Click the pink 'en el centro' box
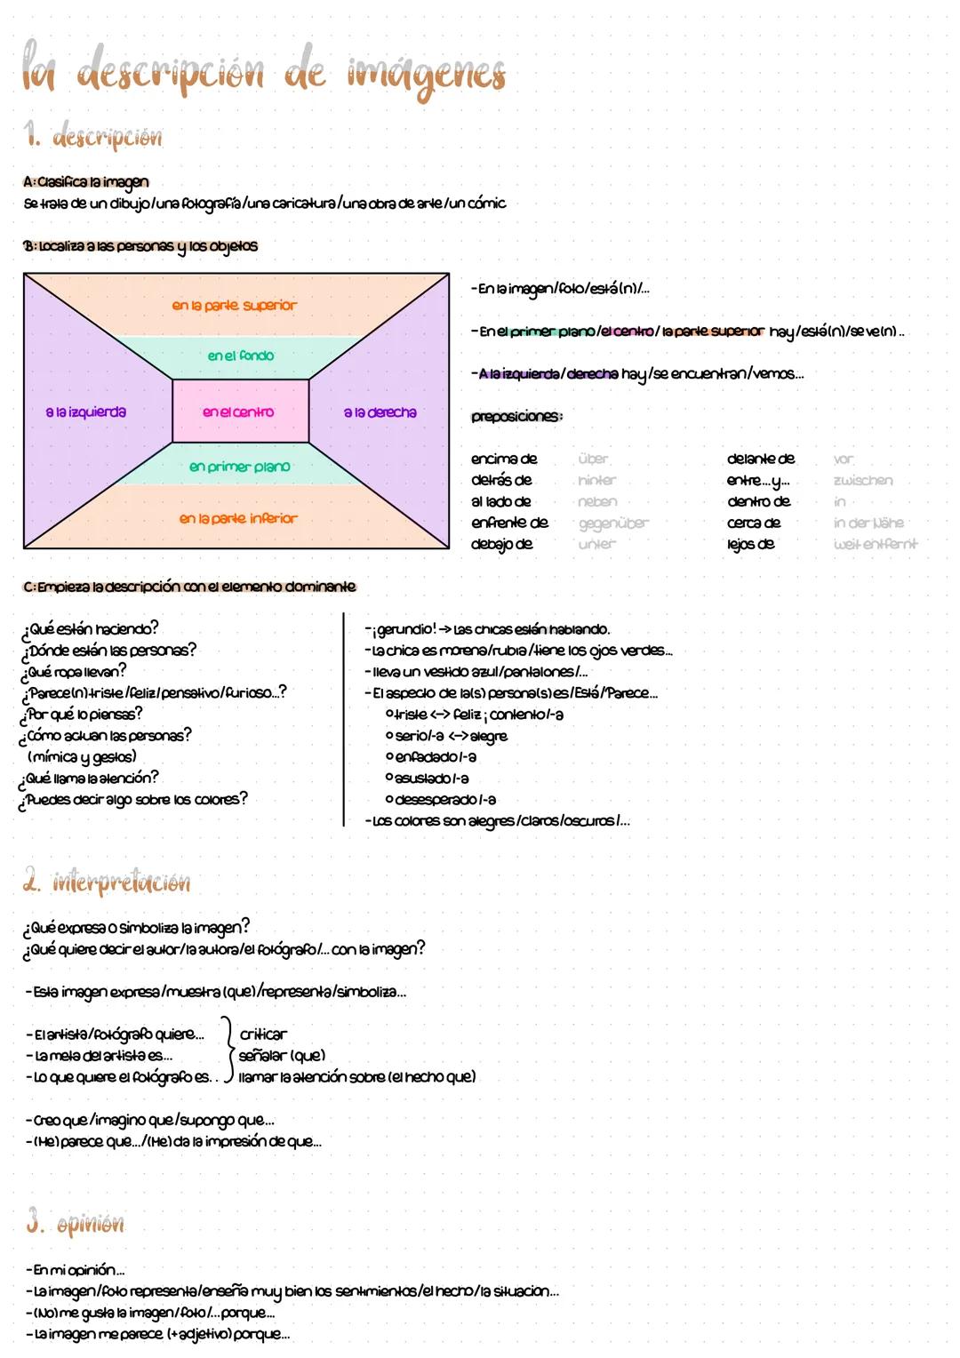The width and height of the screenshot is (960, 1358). (x=240, y=411)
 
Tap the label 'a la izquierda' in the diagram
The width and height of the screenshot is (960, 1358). (x=86, y=412)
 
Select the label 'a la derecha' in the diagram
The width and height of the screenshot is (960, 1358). (x=380, y=412)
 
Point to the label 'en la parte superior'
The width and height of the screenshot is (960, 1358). (x=235, y=306)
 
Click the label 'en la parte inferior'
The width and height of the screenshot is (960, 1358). (x=238, y=519)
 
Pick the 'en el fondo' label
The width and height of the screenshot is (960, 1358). (x=241, y=355)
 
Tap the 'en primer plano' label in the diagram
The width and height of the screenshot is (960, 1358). (x=240, y=467)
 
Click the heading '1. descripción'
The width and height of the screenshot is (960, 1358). (x=93, y=138)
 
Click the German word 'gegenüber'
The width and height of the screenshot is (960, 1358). (x=613, y=523)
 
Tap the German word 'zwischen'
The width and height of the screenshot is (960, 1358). (x=863, y=481)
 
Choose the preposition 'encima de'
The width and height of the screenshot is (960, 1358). (x=504, y=459)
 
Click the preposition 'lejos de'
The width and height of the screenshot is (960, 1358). (x=751, y=544)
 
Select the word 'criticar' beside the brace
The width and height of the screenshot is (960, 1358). (x=263, y=1034)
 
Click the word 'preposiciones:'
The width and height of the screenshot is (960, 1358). (x=516, y=416)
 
